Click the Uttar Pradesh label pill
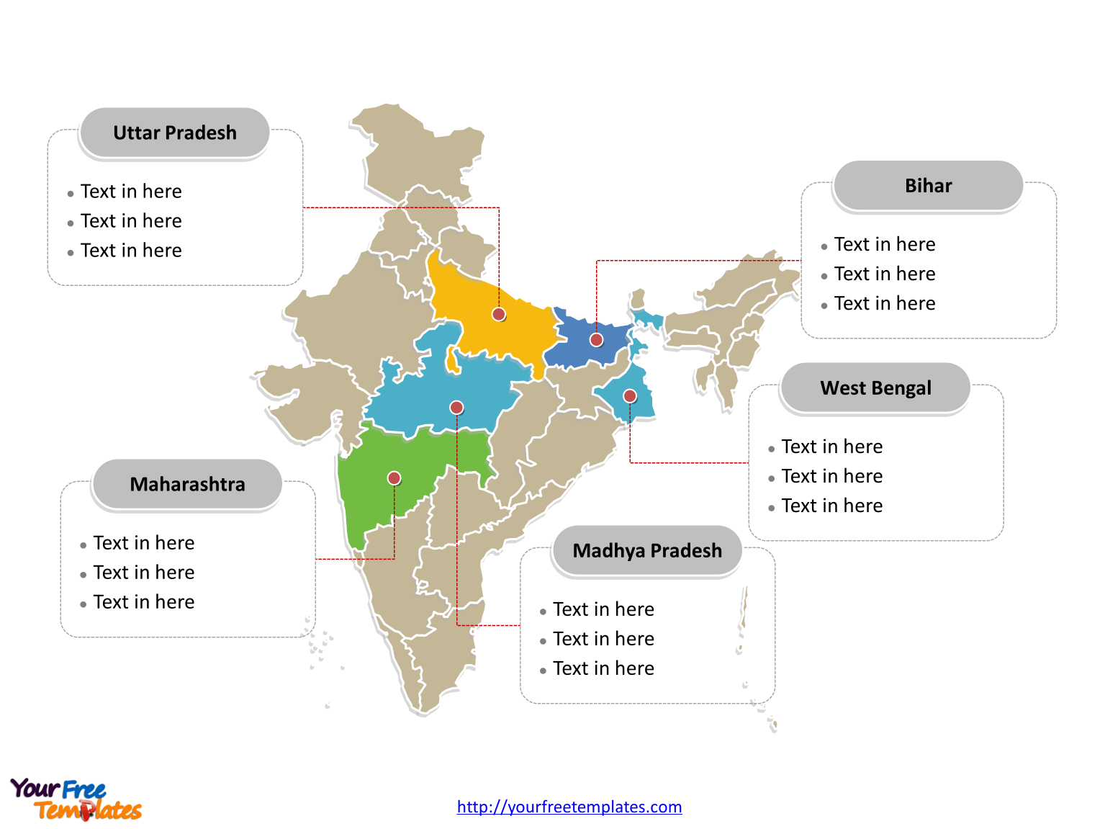[x=174, y=133]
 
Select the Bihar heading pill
[x=928, y=186]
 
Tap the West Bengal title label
[x=875, y=388]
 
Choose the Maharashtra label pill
[x=187, y=484]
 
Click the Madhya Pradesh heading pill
[x=646, y=551]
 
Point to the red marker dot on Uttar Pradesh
[x=499, y=314]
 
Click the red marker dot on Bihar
[x=596, y=340]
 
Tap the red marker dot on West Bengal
[x=630, y=395]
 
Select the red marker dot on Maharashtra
[x=394, y=478]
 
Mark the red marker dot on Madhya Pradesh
[x=456, y=408]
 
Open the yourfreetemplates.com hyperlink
[x=569, y=807]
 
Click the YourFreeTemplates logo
[x=76, y=799]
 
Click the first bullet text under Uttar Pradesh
[x=131, y=192]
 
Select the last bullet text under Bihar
[x=885, y=304]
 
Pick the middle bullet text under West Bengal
[x=832, y=477]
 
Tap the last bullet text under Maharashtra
[x=144, y=602]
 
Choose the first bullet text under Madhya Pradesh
[x=603, y=610]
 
